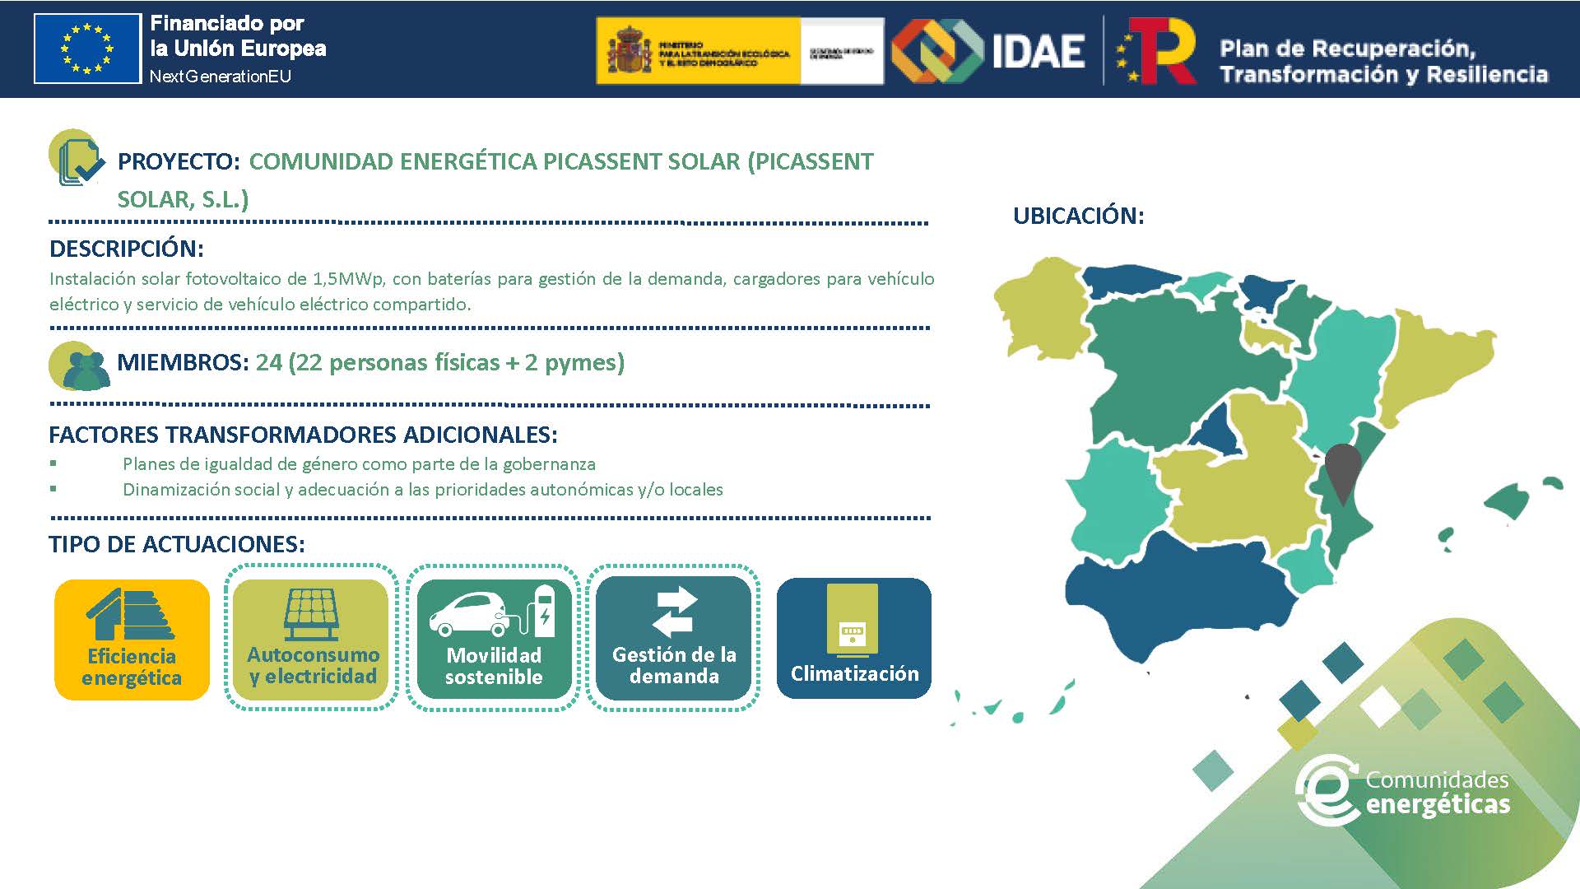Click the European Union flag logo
[x=87, y=49]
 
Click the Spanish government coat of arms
[x=629, y=50]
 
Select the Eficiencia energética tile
[x=132, y=640]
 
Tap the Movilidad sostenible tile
[x=494, y=638]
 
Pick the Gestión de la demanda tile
[x=673, y=638]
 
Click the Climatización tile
[x=853, y=638]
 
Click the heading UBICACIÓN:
[x=1078, y=216]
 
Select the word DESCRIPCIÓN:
[x=126, y=249]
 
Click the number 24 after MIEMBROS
[x=268, y=362]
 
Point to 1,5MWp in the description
[x=347, y=278]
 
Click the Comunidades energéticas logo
[x=1404, y=792]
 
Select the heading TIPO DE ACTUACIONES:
[x=176, y=544]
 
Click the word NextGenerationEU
[x=220, y=77]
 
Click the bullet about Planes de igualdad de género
[x=359, y=464]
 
